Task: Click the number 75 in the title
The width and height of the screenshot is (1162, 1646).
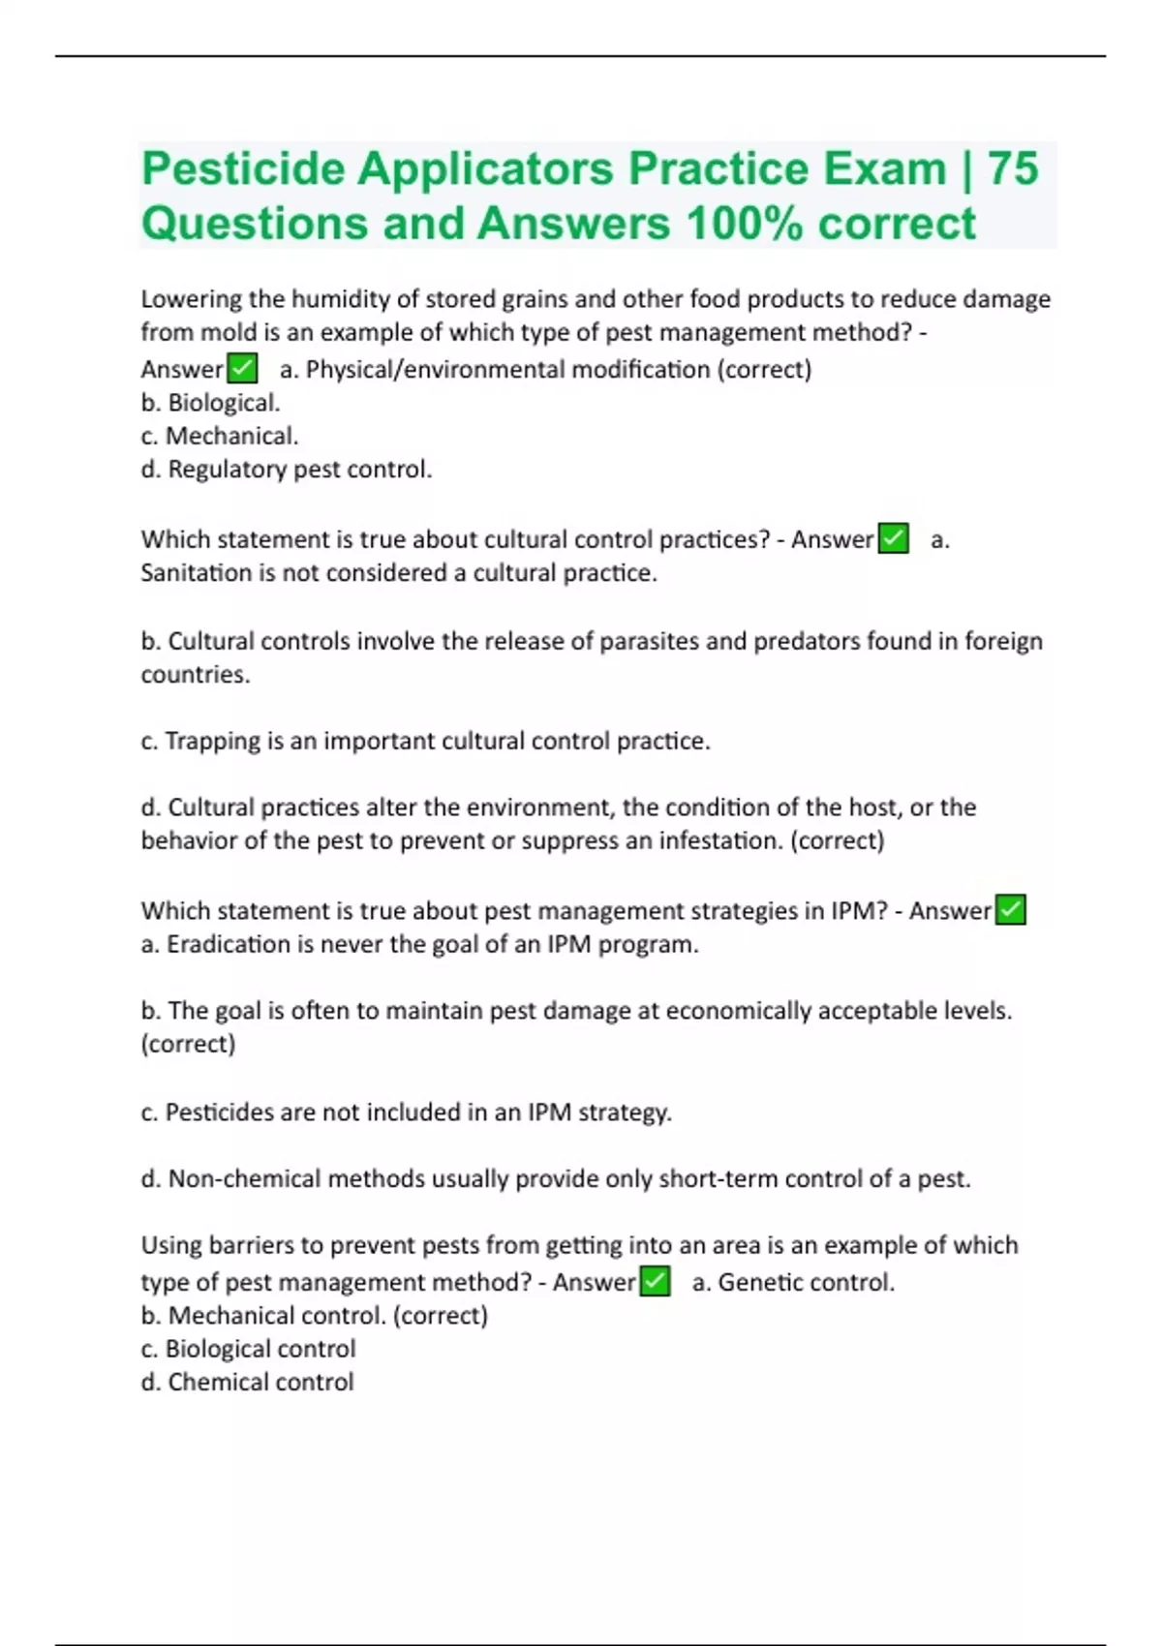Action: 1013,168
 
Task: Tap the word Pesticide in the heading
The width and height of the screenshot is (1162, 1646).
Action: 243,168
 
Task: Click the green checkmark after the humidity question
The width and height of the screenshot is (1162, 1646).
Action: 241,369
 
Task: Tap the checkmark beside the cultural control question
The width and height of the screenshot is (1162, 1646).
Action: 893,538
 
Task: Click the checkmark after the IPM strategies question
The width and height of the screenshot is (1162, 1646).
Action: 1010,910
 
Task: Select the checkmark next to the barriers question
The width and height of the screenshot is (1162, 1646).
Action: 655,1282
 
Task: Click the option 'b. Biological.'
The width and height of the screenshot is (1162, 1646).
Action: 210,403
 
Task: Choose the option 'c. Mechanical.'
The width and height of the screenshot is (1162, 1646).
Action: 220,436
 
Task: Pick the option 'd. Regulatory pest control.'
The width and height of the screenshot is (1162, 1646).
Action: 287,470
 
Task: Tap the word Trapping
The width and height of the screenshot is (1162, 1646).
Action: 213,742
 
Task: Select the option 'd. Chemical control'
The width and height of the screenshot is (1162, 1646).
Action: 247,1383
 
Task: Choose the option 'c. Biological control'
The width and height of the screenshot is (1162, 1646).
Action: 248,1349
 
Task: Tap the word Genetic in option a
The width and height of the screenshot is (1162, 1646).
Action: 761,1283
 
